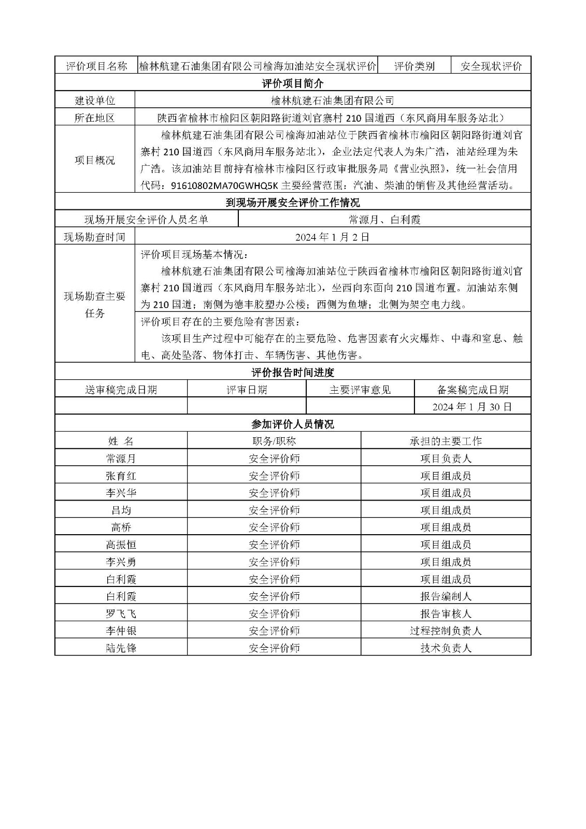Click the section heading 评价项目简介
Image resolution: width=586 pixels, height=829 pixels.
point(293,83)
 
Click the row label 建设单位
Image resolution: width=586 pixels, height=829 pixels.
point(95,100)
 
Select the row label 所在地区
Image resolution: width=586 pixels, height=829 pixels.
point(95,118)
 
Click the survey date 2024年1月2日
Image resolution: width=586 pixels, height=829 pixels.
point(332,237)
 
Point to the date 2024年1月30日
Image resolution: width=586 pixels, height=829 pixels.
point(472,407)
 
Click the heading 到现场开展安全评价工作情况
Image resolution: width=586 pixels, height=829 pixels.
point(293,202)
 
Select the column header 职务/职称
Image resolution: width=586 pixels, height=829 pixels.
point(274,441)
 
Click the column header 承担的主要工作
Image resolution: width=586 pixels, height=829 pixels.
point(446,441)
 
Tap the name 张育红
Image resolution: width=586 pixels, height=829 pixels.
point(121,476)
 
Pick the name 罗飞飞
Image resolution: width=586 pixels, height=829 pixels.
point(121,613)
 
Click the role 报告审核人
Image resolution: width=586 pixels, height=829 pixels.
point(446,613)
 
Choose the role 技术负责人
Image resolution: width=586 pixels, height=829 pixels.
point(446,648)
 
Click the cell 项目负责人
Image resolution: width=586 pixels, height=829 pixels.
point(446,459)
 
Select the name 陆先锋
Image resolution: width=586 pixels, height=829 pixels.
point(121,648)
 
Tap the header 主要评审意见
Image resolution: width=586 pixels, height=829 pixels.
point(360,390)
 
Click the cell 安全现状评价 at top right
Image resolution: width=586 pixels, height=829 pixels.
point(491,66)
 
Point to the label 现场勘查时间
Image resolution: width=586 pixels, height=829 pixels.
point(95,237)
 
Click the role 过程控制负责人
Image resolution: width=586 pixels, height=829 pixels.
point(446,631)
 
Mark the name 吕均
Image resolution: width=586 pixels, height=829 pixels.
point(121,510)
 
